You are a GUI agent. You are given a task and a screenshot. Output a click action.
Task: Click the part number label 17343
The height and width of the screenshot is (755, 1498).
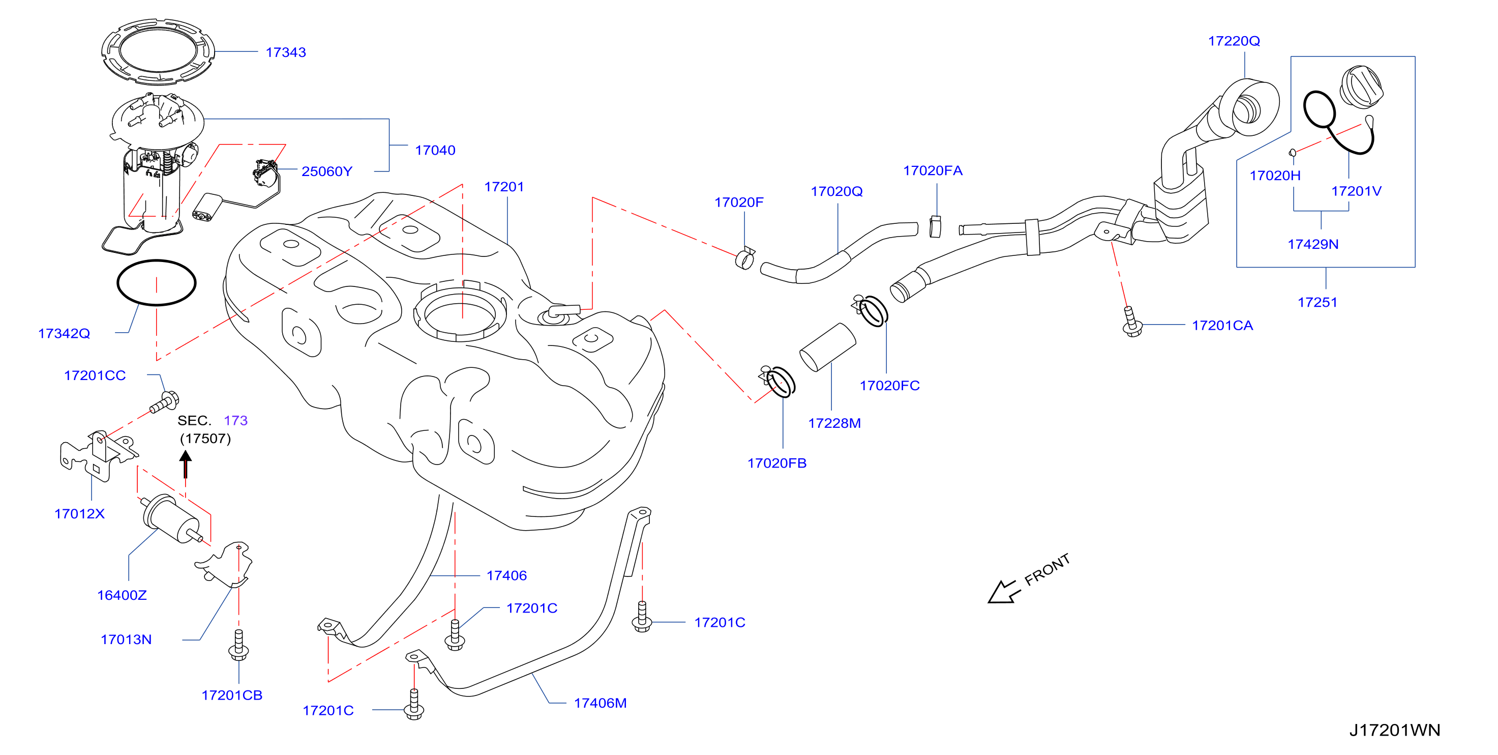tap(286, 52)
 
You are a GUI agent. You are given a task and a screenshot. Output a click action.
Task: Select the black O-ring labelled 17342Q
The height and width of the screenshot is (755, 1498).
tap(157, 261)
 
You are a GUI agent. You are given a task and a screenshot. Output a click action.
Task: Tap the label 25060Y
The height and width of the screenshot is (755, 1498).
tap(327, 171)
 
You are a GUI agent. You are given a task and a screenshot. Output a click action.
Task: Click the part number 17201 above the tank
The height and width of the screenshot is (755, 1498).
tap(504, 187)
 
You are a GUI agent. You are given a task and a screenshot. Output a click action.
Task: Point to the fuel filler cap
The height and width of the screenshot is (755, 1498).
tap(1361, 87)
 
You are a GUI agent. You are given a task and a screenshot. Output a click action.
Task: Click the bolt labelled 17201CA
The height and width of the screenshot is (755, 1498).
tap(1131, 322)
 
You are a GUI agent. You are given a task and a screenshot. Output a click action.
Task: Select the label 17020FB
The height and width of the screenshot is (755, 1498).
tap(777, 463)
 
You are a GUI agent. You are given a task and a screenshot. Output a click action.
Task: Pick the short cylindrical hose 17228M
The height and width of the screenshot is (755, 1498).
tap(827, 347)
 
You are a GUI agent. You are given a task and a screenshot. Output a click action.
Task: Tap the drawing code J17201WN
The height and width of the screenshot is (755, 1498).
tap(1394, 730)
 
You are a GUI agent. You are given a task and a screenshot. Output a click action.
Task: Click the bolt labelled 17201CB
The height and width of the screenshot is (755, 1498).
tap(238, 645)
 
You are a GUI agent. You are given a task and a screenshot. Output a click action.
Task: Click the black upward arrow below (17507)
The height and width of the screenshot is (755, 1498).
tap(186, 464)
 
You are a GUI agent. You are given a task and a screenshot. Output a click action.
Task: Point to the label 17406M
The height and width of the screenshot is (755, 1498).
tap(600, 703)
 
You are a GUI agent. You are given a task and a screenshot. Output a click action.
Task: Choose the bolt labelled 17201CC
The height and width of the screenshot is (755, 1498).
tap(165, 402)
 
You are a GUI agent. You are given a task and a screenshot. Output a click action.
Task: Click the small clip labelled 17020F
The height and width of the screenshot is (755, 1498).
tap(745, 258)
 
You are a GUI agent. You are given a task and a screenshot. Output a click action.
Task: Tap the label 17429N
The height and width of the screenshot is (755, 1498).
tap(1313, 244)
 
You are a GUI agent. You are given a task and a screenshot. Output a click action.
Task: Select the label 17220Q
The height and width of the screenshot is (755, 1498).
tap(1234, 41)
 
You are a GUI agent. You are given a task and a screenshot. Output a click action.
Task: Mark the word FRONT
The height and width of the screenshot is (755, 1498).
tap(1047, 569)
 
